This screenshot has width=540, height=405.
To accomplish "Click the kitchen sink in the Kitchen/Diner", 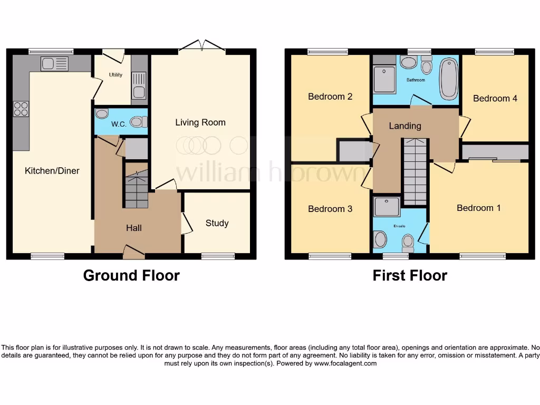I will pos(55,64).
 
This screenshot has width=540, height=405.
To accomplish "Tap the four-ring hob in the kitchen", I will pos(21,109).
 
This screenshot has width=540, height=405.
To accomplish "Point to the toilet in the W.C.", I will pos(137,122).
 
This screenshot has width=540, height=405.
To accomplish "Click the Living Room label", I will pos(200,122).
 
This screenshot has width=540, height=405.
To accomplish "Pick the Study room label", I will pos(217,223).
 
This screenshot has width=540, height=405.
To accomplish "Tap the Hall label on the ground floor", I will pos(134,228).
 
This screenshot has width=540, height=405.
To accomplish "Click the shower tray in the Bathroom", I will pos(384,79).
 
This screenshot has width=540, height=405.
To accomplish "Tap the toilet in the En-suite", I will pos(408,242).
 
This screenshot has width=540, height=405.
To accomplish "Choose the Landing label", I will pos(405,126).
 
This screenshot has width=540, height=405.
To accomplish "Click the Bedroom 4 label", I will pos(495,98).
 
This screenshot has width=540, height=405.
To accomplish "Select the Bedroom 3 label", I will pos(330,209).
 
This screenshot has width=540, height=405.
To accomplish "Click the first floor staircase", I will pos(415,171).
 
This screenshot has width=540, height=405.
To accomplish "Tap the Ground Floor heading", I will pos(131,275).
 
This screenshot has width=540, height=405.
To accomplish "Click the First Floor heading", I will pos(410,275).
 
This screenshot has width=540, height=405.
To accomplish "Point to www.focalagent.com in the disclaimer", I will pos(345,363).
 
